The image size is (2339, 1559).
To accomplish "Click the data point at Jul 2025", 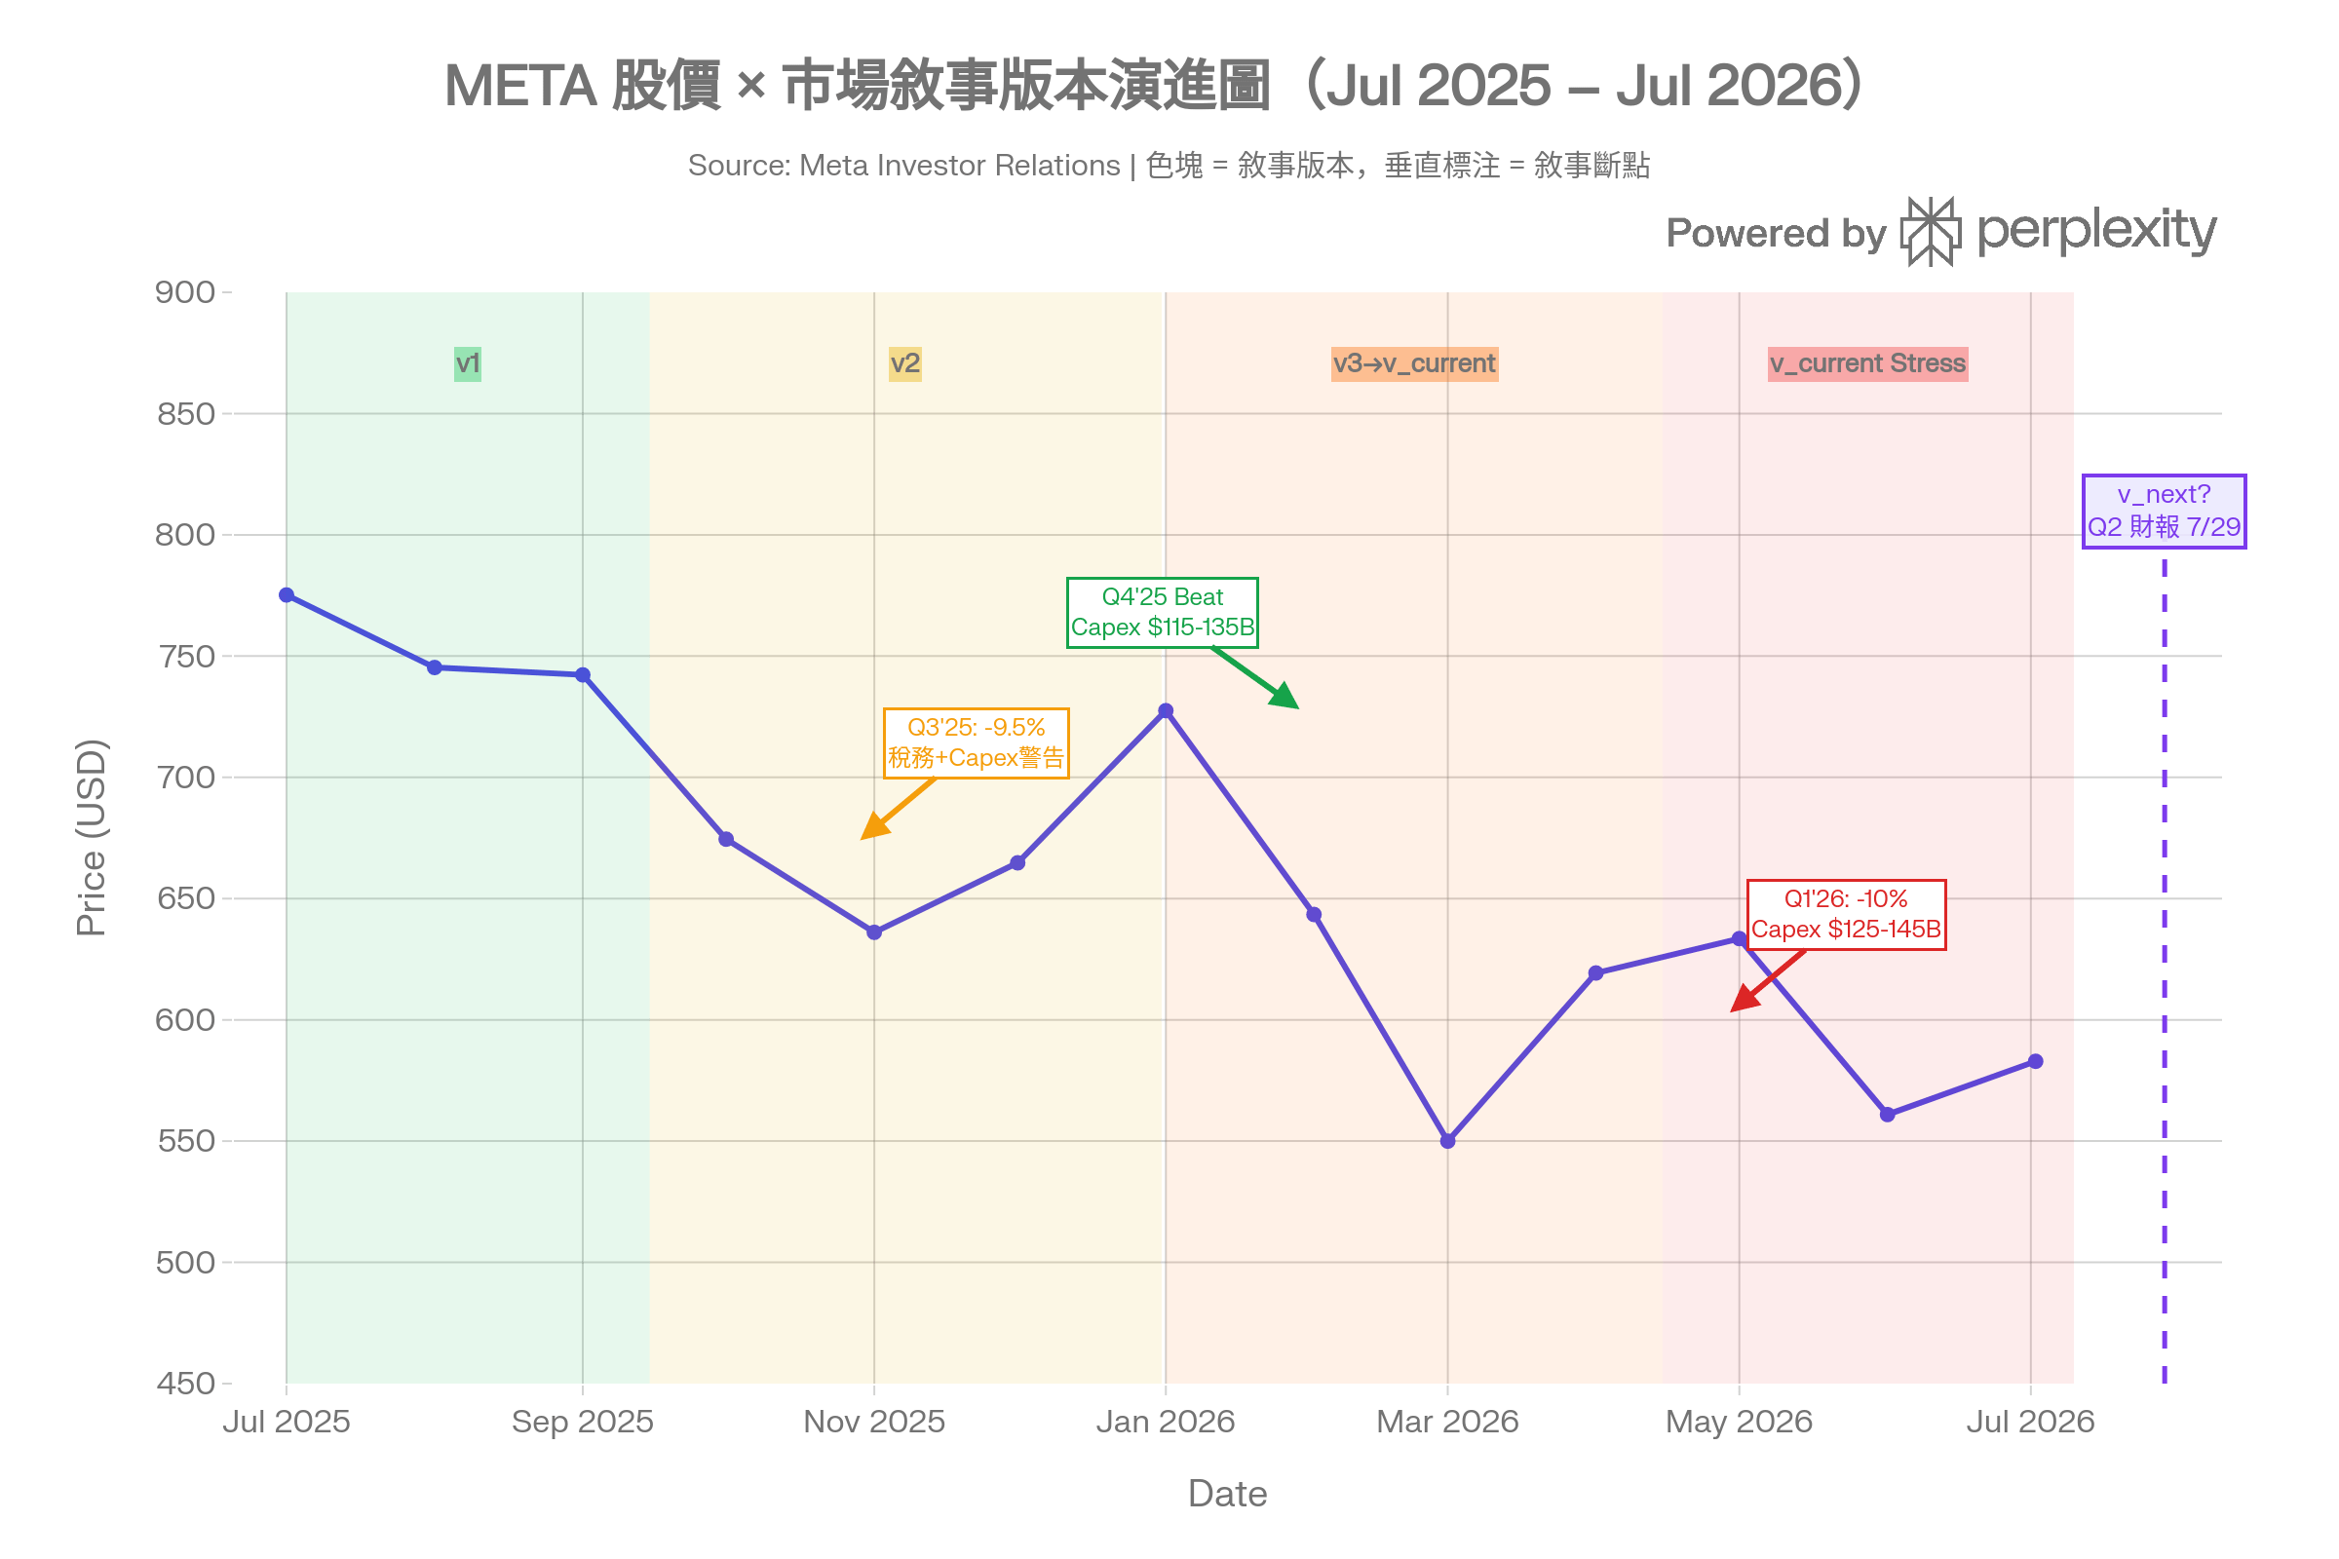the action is click(x=287, y=594).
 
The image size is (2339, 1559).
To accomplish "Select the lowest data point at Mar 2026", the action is click(x=1448, y=1141).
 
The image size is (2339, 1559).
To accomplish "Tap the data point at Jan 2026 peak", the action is click(x=1166, y=711).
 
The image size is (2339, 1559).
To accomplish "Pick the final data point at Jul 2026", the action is click(x=2036, y=1062).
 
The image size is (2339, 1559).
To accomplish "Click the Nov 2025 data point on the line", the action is click(x=874, y=932).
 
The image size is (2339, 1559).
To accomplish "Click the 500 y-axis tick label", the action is click(x=186, y=1263).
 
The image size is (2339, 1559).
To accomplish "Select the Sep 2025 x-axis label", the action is click(x=583, y=1422).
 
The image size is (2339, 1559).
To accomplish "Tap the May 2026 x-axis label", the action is click(x=1740, y=1422).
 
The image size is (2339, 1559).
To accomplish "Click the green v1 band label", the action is click(x=468, y=363).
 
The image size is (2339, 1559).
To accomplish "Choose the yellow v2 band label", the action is click(x=905, y=363).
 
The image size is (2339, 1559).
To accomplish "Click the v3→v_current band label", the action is click(x=1414, y=363).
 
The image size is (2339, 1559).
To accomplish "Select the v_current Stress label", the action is click(x=1867, y=363).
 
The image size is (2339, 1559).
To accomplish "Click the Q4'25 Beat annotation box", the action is click(x=1163, y=613).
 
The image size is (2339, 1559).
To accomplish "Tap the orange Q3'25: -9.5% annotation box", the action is click(x=977, y=742).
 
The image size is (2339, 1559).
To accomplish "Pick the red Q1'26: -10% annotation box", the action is click(x=1846, y=915).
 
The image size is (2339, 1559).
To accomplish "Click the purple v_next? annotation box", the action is click(x=2164, y=511).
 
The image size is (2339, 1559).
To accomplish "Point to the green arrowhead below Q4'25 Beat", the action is click(x=1285, y=697).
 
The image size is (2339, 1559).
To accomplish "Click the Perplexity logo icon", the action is click(x=1931, y=232).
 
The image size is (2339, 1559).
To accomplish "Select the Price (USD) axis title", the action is click(x=91, y=837).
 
